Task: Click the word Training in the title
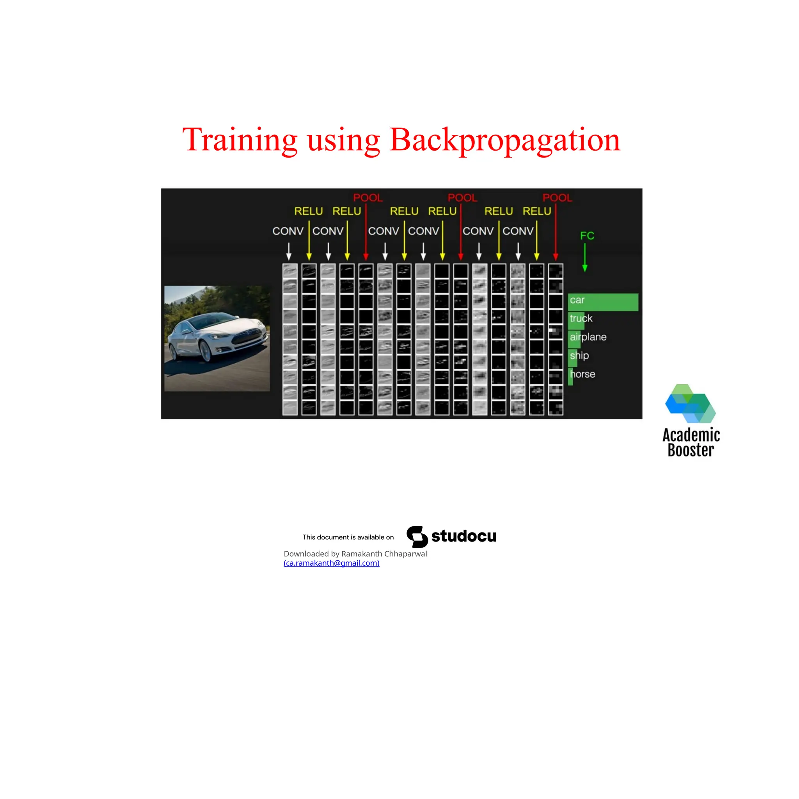[240, 140]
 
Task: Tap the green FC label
[587, 236]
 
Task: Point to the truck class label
[581, 318]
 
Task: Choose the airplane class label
[588, 337]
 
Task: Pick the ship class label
[579, 355]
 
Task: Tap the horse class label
[582, 374]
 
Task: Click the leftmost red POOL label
[368, 198]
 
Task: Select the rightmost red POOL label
[557, 198]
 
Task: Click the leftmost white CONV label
[288, 231]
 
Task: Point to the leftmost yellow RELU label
[309, 211]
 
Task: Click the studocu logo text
[463, 536]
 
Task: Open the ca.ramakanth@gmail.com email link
[331, 563]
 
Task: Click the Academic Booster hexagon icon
[690, 404]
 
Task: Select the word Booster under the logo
[691, 450]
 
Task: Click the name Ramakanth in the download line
[361, 554]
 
